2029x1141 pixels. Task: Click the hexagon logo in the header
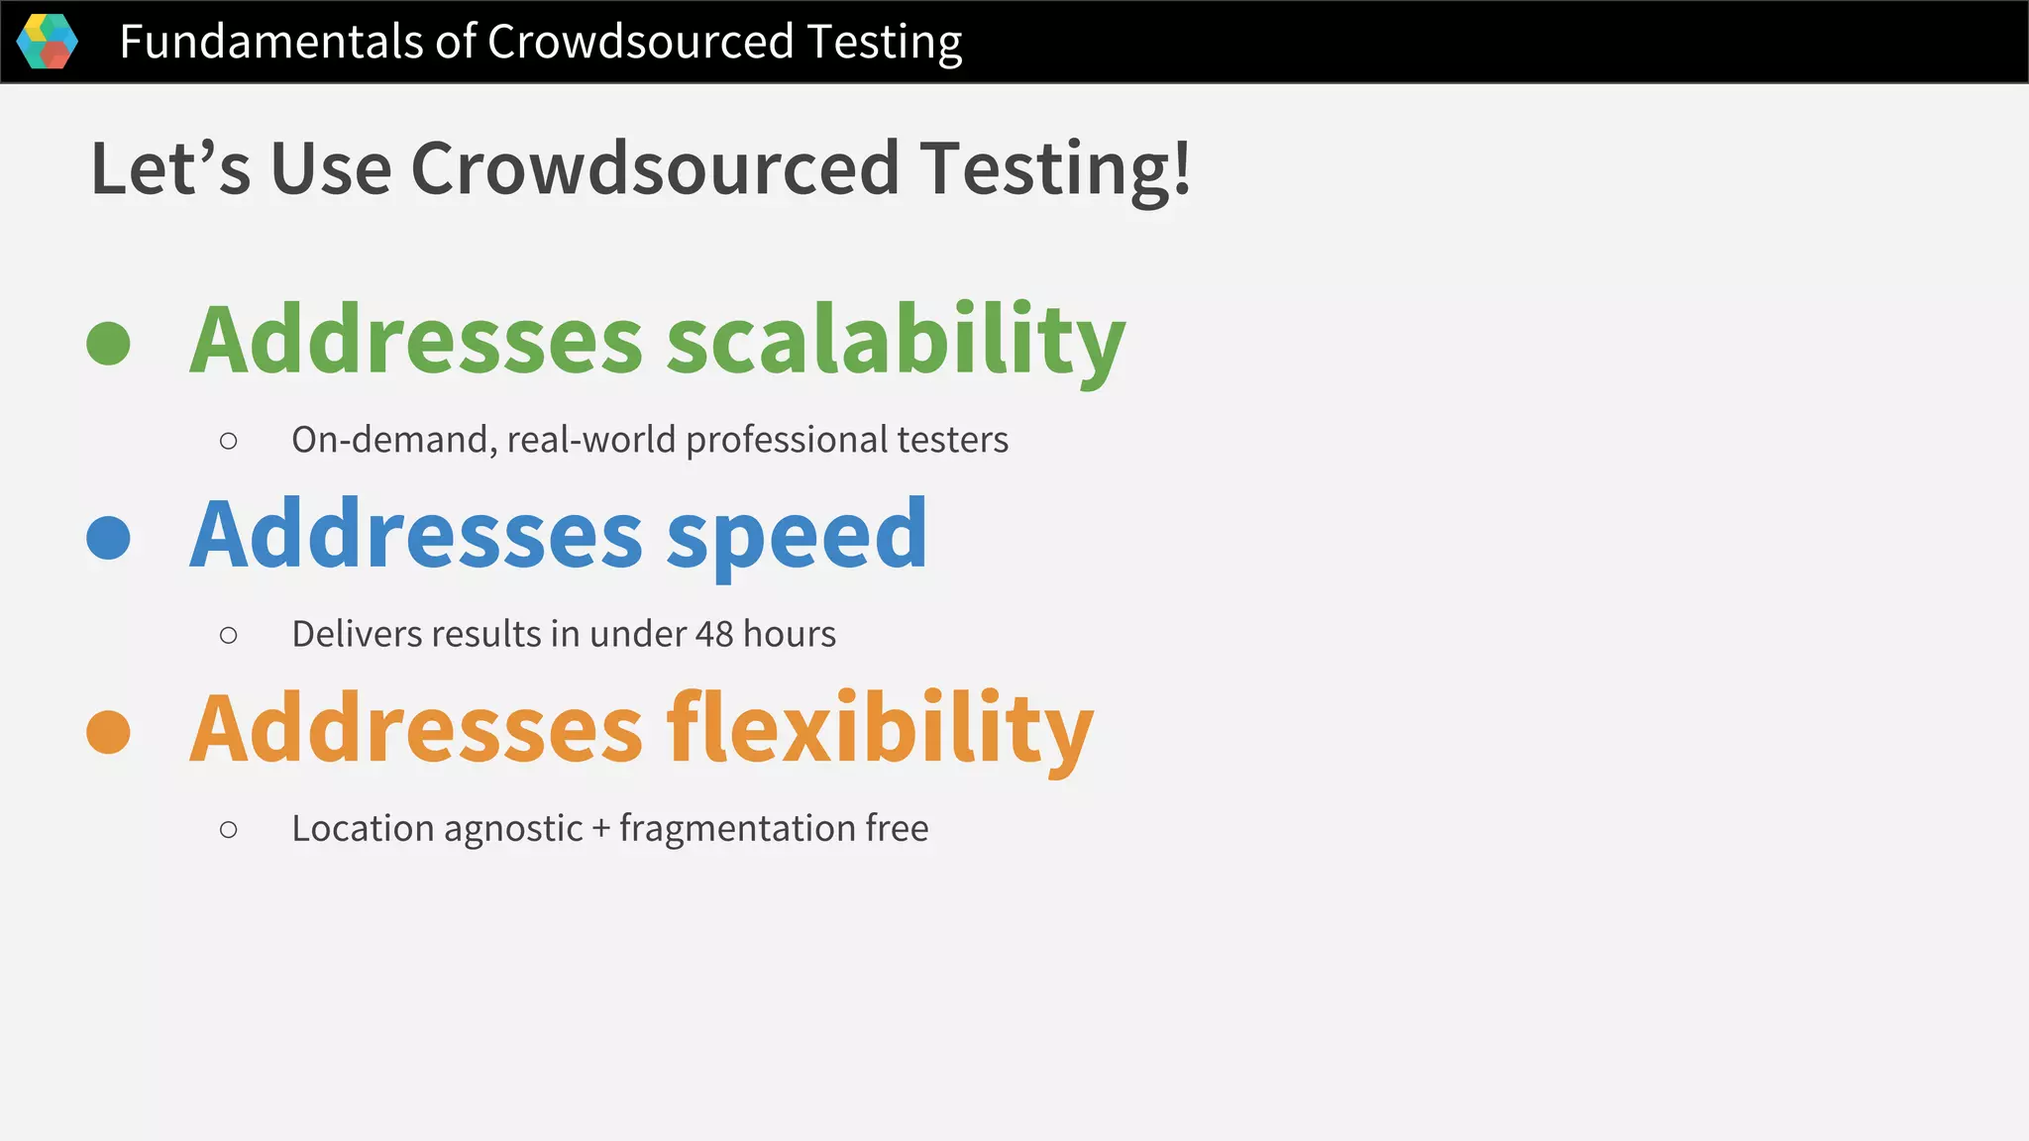48,42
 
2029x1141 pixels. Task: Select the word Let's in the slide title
169,167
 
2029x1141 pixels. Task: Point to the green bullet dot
109,344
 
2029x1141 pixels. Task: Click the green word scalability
896,340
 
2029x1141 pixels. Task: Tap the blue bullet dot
109,538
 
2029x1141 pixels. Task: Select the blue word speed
797,536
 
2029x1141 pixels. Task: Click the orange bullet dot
109,732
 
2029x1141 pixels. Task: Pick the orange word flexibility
880,729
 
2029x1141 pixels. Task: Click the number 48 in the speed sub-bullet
714,634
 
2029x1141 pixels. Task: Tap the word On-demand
393,440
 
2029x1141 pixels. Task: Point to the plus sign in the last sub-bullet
601,829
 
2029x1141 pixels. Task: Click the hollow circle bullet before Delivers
229,635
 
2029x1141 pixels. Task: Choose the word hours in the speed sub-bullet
790,634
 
